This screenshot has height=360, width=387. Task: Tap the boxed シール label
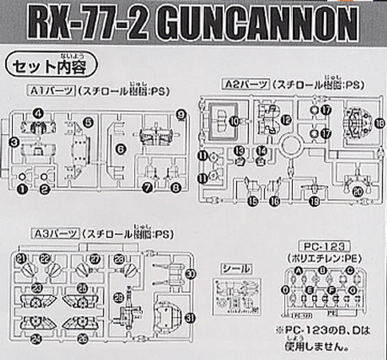(235, 269)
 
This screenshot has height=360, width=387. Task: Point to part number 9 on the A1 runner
(181, 115)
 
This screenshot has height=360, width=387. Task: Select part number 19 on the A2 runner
(314, 201)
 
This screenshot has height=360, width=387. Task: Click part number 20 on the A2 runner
(357, 192)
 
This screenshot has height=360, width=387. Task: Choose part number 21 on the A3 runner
(22, 258)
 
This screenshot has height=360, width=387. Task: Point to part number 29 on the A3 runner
(119, 298)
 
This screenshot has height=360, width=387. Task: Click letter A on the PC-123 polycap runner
(299, 270)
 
